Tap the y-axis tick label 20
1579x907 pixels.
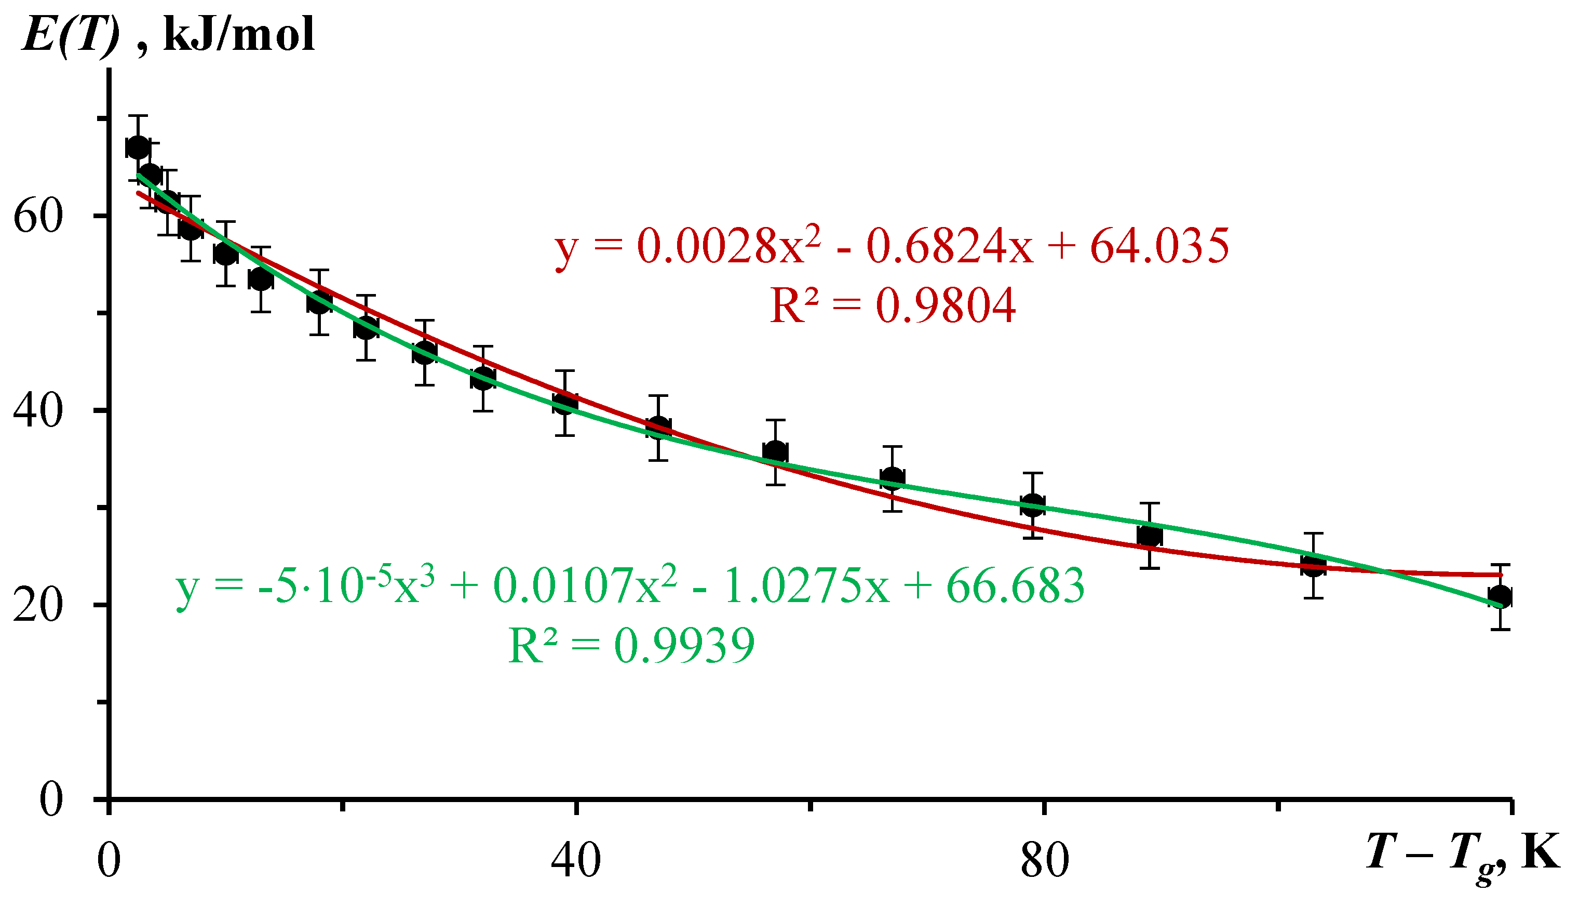pyautogui.click(x=38, y=606)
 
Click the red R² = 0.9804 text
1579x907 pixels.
pyautogui.click(x=892, y=305)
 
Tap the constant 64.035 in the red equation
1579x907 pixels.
pyautogui.click(x=1159, y=247)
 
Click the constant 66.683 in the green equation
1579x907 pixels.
pyautogui.click(x=1015, y=587)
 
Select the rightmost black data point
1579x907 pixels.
pyautogui.click(x=1501, y=597)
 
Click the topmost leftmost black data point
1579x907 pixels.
pyautogui.click(x=138, y=148)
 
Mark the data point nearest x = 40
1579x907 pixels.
pyautogui.click(x=565, y=403)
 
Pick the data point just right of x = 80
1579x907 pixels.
pyautogui.click(x=1033, y=505)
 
